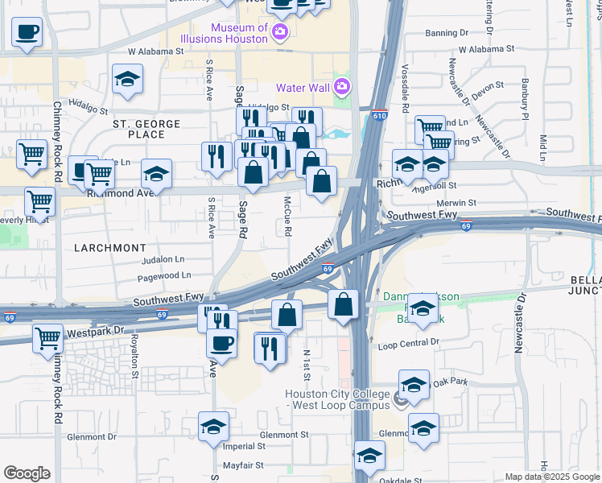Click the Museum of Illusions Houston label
click(239, 33)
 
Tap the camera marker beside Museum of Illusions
click(280, 33)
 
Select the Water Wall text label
click(303, 87)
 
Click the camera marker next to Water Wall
click(342, 86)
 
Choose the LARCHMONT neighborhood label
click(110, 248)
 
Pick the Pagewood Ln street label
click(163, 275)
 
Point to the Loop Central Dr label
click(408, 342)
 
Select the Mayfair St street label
click(244, 465)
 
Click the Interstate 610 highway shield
click(380, 117)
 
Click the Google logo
click(27, 473)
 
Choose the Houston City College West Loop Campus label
click(337, 399)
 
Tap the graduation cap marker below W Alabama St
click(127, 79)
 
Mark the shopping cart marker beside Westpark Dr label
click(47, 338)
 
